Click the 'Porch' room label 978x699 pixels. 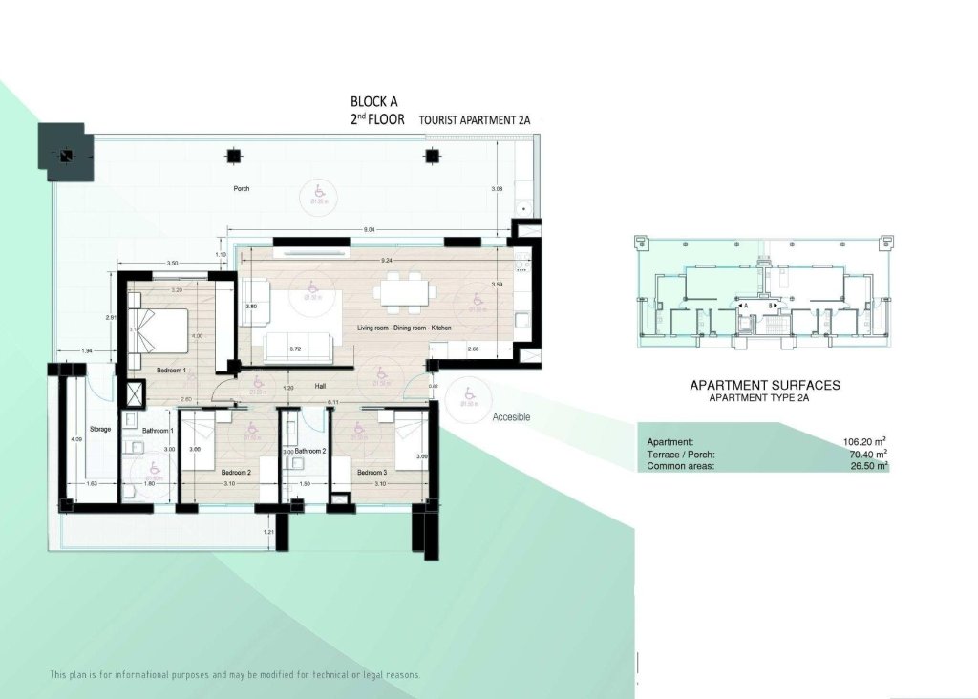click(x=242, y=189)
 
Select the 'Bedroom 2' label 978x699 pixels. click(x=236, y=473)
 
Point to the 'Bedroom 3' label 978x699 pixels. click(x=372, y=473)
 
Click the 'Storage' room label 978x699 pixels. click(x=101, y=430)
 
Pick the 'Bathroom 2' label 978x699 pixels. click(x=310, y=451)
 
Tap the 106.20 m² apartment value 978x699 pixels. click(x=865, y=442)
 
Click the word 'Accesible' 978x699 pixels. click(x=511, y=417)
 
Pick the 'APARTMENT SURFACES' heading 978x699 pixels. click(x=765, y=385)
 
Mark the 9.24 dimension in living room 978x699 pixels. click(x=387, y=261)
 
